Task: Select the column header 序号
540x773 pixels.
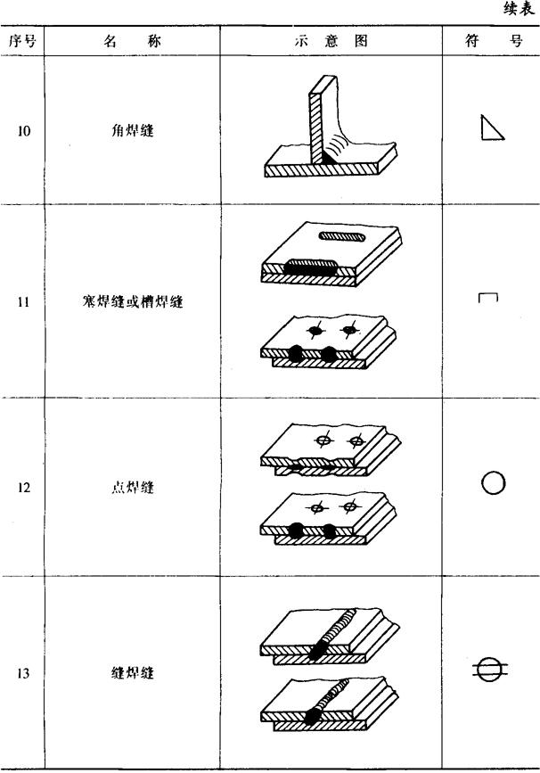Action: pyautogui.click(x=23, y=41)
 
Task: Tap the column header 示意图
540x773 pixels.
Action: pyautogui.click(x=331, y=41)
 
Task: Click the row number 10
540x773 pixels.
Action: pyautogui.click(x=24, y=131)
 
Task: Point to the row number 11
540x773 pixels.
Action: pyautogui.click(x=24, y=302)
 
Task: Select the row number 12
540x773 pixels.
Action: pyautogui.click(x=24, y=488)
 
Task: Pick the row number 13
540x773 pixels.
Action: pyautogui.click(x=24, y=673)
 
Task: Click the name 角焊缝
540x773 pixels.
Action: pyautogui.click(x=129, y=131)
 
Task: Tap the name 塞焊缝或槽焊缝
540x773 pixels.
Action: pyautogui.click(x=130, y=302)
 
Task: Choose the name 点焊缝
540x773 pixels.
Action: pyautogui.click(x=129, y=488)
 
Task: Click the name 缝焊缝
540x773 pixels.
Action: pyautogui.click(x=129, y=673)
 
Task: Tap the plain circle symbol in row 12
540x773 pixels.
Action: pyautogui.click(x=493, y=482)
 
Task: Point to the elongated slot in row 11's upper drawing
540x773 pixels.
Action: pyautogui.click(x=342, y=236)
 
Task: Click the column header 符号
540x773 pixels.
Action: pyautogui.click(x=492, y=41)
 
